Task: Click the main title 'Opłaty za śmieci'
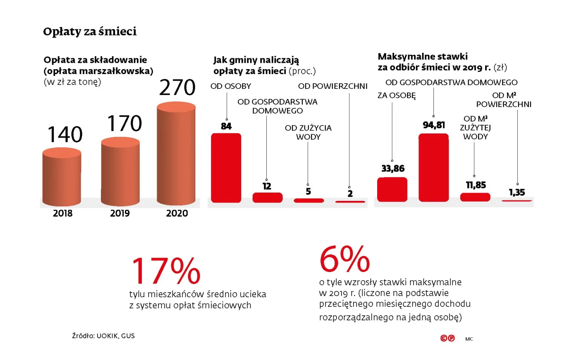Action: [90, 32]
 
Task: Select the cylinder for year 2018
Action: [62, 178]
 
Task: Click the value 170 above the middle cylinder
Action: [124, 124]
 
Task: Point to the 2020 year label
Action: [177, 213]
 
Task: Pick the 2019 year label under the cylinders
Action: [120, 213]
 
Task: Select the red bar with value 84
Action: [226, 167]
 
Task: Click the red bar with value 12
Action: [267, 198]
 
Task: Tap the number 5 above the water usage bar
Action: [308, 191]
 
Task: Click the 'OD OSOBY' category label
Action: [230, 86]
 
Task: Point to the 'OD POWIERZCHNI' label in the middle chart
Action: [333, 86]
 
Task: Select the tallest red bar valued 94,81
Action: [433, 167]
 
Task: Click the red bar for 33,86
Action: [392, 189]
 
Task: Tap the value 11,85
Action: [476, 185]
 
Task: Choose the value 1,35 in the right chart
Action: [517, 192]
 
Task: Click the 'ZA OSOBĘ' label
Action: [396, 95]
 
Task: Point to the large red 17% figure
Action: [166, 271]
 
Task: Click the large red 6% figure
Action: [344, 259]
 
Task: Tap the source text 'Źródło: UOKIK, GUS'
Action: [103, 336]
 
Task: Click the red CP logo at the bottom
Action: [447, 338]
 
